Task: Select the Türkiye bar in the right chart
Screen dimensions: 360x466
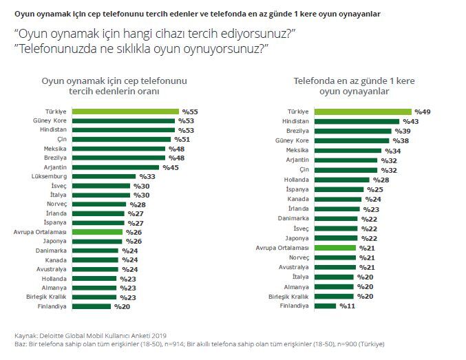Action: click(362, 112)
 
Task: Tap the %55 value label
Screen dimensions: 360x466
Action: click(190, 111)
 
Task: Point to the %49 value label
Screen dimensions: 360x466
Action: click(422, 112)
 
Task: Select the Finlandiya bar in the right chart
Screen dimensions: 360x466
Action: click(325, 306)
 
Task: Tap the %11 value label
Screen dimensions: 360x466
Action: click(348, 306)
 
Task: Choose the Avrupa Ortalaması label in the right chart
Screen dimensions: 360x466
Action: click(282, 247)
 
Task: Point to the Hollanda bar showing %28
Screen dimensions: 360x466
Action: click(342, 179)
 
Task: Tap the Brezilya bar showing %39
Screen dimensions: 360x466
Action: click(352, 131)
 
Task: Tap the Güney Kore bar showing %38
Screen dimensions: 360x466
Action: click(352, 140)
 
